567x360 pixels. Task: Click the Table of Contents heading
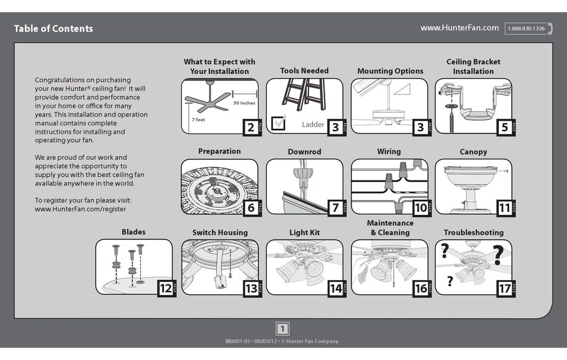pyautogui.click(x=53, y=29)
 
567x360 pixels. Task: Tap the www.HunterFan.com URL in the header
pyautogui.click(x=459, y=28)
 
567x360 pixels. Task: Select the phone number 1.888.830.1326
pyautogui.click(x=525, y=29)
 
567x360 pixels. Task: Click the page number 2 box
pyautogui.click(x=251, y=127)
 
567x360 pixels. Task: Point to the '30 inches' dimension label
pyautogui.click(x=244, y=103)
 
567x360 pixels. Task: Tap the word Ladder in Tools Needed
pyautogui.click(x=313, y=125)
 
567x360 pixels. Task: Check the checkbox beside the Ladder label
pyautogui.click(x=279, y=123)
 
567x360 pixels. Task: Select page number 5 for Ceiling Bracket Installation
pyautogui.click(x=504, y=127)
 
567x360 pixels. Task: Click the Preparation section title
pyautogui.click(x=219, y=151)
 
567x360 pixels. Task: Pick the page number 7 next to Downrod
pyautogui.click(x=335, y=208)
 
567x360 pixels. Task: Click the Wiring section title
pyautogui.click(x=389, y=151)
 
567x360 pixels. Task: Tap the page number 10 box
pyautogui.click(x=420, y=208)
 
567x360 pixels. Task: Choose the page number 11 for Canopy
pyautogui.click(x=504, y=208)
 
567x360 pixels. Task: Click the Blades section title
pyautogui.click(x=133, y=232)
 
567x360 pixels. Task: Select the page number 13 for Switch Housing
pyautogui.click(x=251, y=289)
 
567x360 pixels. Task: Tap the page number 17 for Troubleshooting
pyautogui.click(x=504, y=289)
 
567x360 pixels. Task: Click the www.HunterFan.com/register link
pyautogui.click(x=80, y=209)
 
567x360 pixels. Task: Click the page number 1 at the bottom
pyautogui.click(x=282, y=328)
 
